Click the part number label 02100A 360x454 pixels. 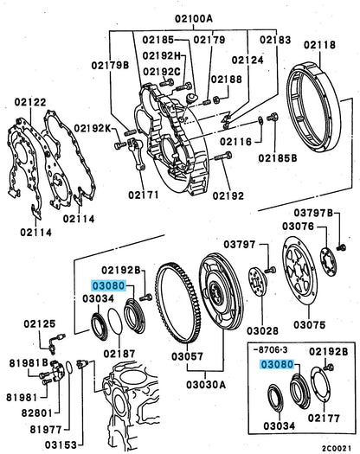(x=193, y=19)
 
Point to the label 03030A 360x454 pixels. (x=205, y=385)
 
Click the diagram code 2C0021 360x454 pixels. (x=337, y=448)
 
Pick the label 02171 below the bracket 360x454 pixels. (x=144, y=195)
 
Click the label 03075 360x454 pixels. (x=309, y=324)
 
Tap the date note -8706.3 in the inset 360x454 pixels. (x=270, y=350)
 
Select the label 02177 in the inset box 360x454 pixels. (x=324, y=418)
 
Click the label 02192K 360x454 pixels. (x=93, y=128)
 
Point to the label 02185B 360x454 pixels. (x=278, y=158)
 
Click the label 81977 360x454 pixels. (x=46, y=430)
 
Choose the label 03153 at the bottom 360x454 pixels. (x=61, y=444)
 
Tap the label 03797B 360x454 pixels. (x=313, y=213)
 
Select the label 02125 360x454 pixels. (x=40, y=323)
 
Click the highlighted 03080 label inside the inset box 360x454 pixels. (x=277, y=365)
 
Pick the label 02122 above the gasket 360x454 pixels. (x=30, y=102)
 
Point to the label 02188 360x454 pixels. (x=226, y=79)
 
